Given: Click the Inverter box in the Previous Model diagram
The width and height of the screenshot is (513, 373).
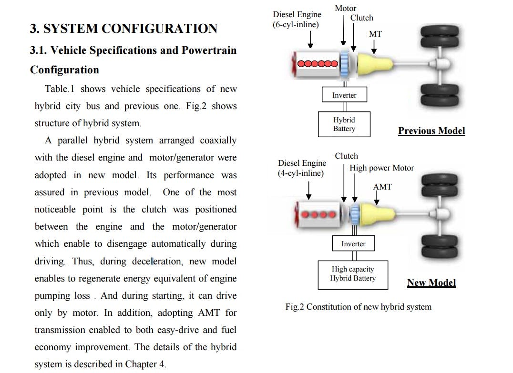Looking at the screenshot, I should (x=344, y=95).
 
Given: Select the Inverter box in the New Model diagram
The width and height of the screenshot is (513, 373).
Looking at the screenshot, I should (x=353, y=243).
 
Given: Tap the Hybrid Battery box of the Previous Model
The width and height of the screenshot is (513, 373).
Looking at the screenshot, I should (x=344, y=124).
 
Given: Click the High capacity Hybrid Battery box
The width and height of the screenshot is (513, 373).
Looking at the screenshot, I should (x=353, y=274).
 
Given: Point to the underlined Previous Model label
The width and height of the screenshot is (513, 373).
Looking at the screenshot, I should (x=431, y=131).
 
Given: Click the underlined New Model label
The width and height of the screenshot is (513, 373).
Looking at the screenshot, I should (x=431, y=282).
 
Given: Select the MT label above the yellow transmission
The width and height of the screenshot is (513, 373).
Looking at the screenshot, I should (x=375, y=34).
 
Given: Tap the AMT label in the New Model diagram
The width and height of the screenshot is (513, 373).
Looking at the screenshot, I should (x=382, y=187).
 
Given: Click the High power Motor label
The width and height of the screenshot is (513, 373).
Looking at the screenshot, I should (x=381, y=168).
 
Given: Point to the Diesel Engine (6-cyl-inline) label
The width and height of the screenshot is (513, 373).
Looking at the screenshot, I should (x=297, y=20).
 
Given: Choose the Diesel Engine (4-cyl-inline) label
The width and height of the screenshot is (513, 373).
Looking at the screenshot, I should (x=302, y=168).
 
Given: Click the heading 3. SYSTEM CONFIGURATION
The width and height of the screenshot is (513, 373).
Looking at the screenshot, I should (x=123, y=29).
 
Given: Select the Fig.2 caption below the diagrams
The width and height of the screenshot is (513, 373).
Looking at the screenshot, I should (x=358, y=307).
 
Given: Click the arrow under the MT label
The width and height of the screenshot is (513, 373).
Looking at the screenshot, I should (x=374, y=47).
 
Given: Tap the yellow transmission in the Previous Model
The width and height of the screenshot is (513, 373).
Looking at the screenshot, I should (x=372, y=64).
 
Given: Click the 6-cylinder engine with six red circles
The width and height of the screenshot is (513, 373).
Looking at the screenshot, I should (x=316, y=64).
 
